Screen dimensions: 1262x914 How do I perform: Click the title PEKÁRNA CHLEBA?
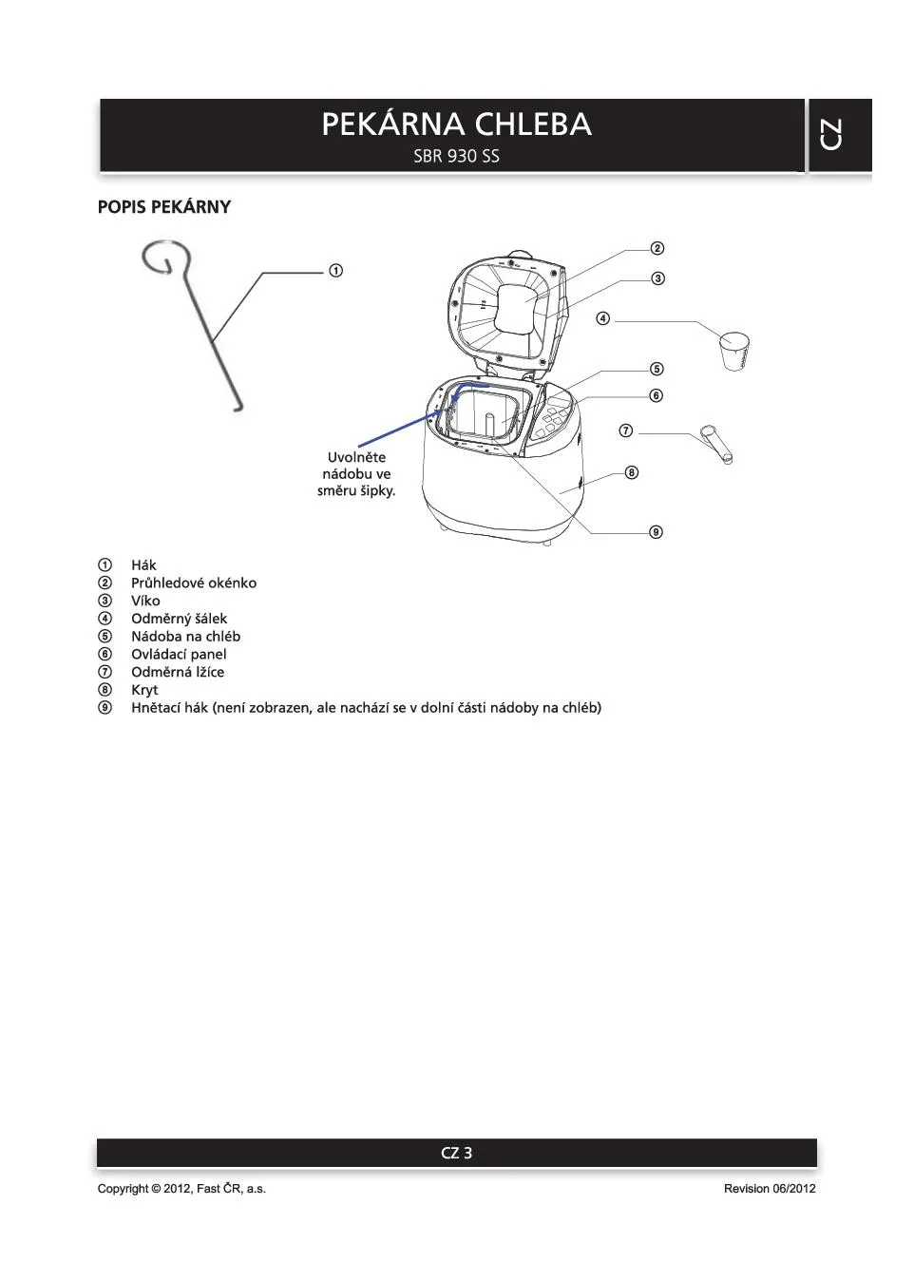click(456, 124)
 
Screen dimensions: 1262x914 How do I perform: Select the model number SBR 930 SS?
click(456, 156)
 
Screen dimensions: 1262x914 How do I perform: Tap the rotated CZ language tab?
click(829, 134)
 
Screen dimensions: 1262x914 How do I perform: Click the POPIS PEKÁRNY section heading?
click(164, 207)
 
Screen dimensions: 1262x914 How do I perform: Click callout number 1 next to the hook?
click(335, 271)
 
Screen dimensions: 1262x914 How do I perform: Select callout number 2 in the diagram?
click(657, 249)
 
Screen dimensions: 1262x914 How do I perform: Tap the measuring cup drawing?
click(734, 350)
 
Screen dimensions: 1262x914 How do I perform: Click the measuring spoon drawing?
click(716, 444)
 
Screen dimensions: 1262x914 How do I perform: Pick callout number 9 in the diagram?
click(656, 532)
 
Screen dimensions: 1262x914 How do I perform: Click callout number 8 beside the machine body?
click(632, 472)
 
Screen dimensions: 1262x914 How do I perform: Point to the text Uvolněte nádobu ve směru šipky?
click(356, 474)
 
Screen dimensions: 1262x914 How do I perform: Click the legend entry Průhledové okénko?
click(194, 583)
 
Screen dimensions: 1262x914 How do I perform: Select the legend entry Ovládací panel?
click(179, 655)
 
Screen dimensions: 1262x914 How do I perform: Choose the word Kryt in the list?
click(144, 690)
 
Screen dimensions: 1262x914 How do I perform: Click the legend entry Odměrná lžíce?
click(178, 672)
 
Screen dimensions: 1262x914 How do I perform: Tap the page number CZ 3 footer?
click(456, 1153)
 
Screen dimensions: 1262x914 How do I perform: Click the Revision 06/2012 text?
click(769, 1189)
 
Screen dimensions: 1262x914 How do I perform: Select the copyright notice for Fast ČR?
click(181, 1189)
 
